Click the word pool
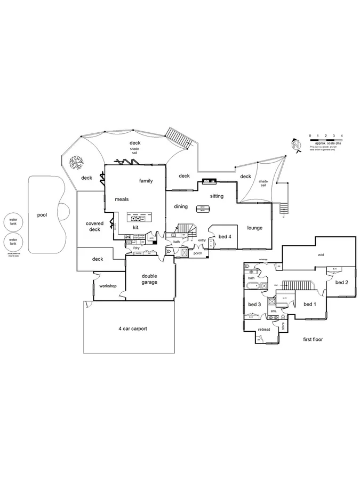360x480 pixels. [42, 215]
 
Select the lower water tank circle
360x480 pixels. [13, 242]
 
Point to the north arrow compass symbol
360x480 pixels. [297, 145]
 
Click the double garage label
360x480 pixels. [149, 279]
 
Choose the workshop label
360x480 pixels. [108, 286]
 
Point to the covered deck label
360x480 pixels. [94, 226]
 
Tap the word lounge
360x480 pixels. [255, 228]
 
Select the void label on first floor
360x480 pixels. [321, 255]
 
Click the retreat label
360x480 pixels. [264, 330]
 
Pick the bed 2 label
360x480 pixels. [341, 283]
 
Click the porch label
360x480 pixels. [198, 253]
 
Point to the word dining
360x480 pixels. [181, 206]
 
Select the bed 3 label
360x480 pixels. [254, 305]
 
